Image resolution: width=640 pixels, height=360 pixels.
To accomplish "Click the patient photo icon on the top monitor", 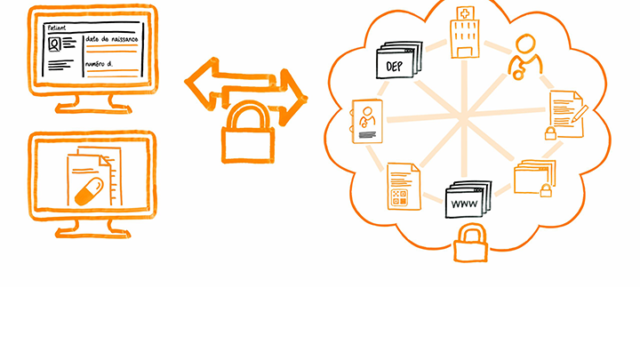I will (x=57, y=45).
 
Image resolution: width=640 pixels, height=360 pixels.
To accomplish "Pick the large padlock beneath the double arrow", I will (x=244, y=132).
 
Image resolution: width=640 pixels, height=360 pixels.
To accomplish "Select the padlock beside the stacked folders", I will (x=546, y=189).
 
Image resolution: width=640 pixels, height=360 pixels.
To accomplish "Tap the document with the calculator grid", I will (x=399, y=186).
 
